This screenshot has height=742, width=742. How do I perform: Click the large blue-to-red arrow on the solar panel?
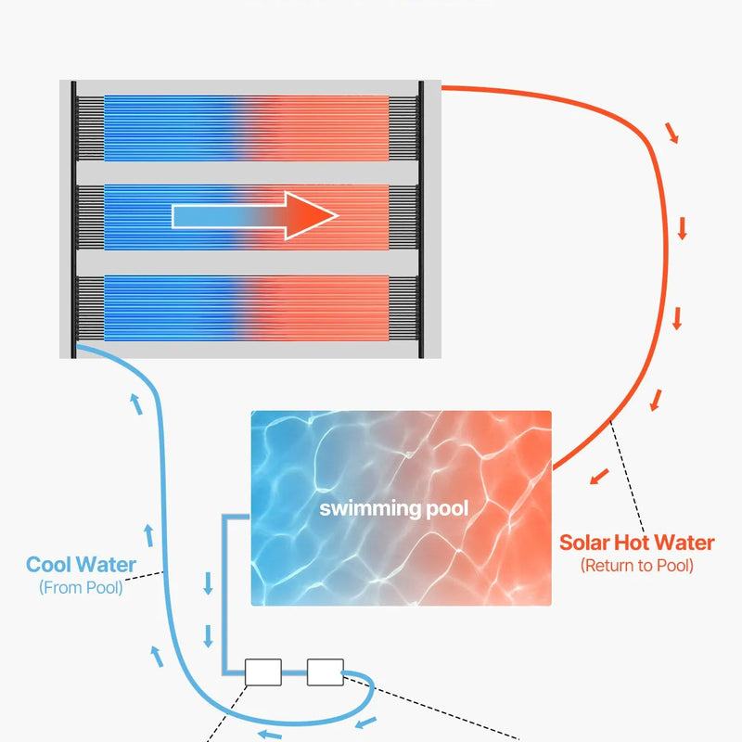point(255,216)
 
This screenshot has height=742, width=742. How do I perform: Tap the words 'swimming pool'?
point(394,508)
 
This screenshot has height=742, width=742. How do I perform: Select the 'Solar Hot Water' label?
point(636,544)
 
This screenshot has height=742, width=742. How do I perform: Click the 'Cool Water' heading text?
point(81,565)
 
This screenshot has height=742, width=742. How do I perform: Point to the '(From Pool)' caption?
point(81,587)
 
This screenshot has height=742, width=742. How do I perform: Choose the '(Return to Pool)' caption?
point(636,566)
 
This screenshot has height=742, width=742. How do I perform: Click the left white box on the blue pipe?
point(262,672)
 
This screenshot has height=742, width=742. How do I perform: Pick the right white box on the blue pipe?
point(325,672)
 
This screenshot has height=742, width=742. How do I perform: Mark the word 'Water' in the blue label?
point(107,565)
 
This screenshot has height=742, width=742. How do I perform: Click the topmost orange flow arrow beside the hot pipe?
point(672,133)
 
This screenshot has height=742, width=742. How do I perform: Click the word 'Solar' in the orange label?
point(586,544)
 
